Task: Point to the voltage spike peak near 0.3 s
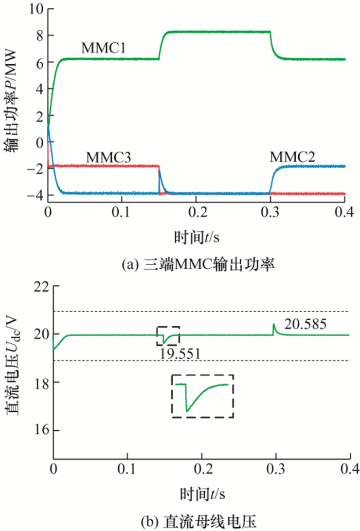274,324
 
